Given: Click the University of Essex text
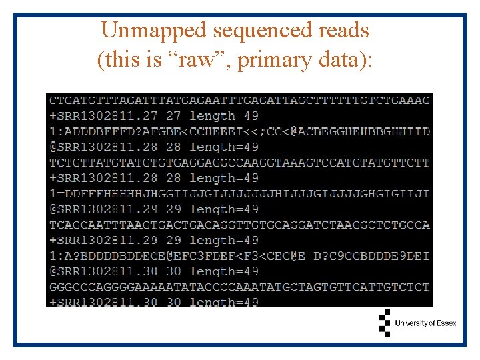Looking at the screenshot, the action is [x=425, y=323].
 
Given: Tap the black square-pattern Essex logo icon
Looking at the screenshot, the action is [x=384, y=323].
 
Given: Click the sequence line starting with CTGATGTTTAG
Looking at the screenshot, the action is [x=239, y=101].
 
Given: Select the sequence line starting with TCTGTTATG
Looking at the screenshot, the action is [x=239, y=163].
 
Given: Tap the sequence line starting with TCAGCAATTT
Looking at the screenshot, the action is [x=239, y=225].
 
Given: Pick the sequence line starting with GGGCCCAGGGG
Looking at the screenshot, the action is [x=239, y=287].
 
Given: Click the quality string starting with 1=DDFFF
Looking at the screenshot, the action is [x=239, y=193].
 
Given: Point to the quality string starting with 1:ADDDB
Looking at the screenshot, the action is [x=239, y=131].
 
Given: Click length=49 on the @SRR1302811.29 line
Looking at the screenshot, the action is [x=224, y=209].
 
